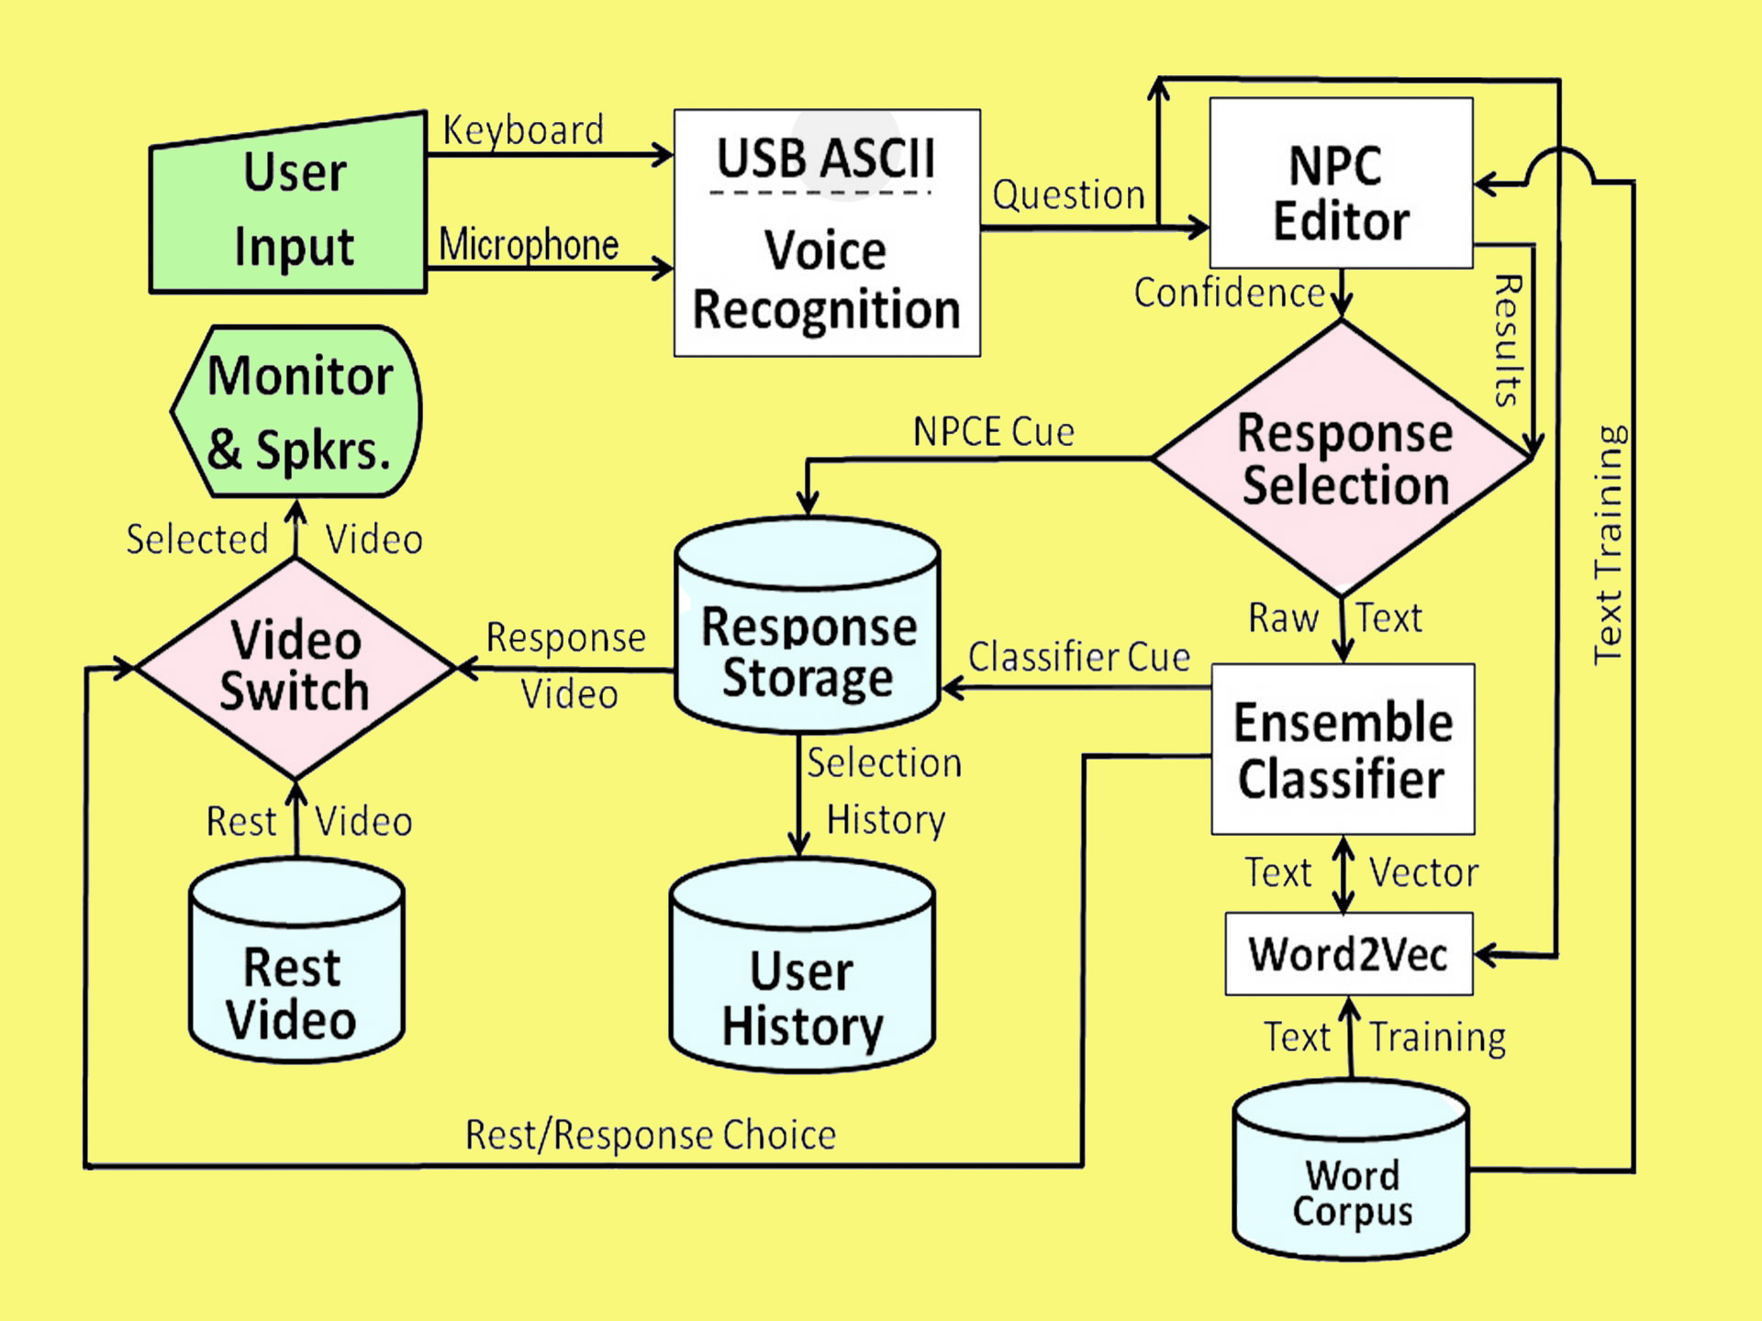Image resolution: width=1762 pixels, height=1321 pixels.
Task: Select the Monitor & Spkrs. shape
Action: [298, 413]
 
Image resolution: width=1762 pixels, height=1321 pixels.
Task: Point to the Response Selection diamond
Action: [1343, 459]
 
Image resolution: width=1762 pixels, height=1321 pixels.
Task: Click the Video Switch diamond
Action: [295, 667]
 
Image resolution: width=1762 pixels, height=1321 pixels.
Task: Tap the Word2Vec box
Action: [1349, 954]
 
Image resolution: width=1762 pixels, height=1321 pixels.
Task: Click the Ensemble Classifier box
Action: [1343, 749]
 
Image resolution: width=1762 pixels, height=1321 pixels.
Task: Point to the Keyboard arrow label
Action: [523, 130]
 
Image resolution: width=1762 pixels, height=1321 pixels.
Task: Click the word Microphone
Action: [529, 245]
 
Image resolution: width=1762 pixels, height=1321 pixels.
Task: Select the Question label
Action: [1069, 195]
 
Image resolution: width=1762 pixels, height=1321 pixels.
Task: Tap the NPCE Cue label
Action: [994, 432]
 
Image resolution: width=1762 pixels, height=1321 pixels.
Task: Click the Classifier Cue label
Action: [1079, 657]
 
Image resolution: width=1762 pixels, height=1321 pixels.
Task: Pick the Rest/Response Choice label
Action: [651, 1135]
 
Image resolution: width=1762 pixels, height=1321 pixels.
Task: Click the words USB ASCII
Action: [825, 159]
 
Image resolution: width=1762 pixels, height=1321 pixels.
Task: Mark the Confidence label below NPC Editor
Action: [1229, 294]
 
